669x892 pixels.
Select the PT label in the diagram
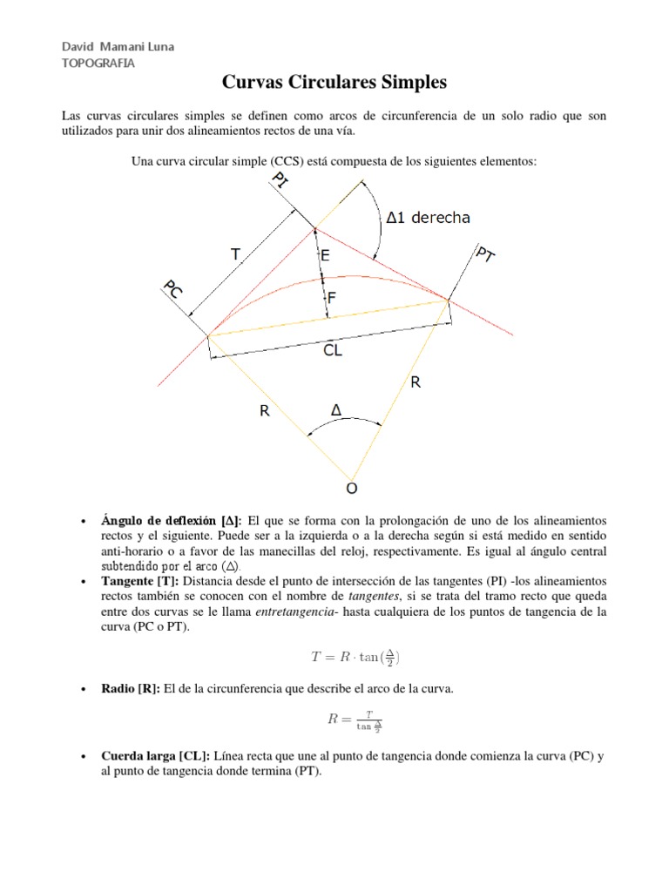point(485,255)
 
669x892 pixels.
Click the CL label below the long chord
point(332,350)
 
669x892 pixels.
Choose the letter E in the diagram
point(325,255)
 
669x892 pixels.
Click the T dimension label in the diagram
point(235,254)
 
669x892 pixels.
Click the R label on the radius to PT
point(416,382)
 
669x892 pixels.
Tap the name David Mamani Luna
point(117,46)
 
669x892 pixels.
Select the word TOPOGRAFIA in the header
point(98,63)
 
